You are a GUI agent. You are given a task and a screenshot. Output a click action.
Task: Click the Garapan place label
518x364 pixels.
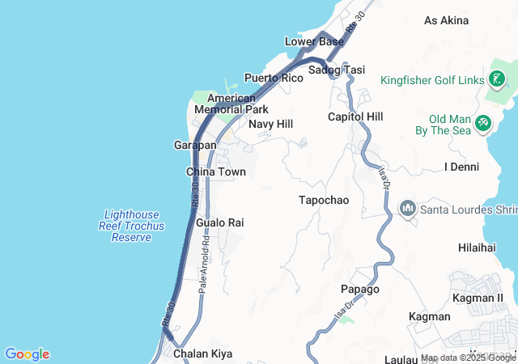click(x=195, y=145)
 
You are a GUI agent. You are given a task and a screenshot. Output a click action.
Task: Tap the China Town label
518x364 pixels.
click(x=215, y=171)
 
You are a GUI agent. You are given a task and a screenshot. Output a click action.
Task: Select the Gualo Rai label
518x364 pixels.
click(x=219, y=222)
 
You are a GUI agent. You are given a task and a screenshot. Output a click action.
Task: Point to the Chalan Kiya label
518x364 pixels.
click(x=202, y=353)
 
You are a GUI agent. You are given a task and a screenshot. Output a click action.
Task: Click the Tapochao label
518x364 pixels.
click(x=323, y=200)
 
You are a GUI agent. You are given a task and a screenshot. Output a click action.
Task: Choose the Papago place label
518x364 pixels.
click(x=359, y=289)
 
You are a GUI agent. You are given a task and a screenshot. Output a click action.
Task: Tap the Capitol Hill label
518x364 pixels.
click(x=355, y=117)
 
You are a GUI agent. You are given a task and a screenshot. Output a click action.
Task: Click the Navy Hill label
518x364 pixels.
click(x=270, y=124)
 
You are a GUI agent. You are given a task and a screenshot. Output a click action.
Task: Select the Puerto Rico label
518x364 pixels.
click(x=274, y=78)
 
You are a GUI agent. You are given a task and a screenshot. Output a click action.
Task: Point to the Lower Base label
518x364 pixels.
click(x=314, y=41)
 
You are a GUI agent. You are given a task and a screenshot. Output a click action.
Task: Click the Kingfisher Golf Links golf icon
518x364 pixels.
click(x=497, y=80)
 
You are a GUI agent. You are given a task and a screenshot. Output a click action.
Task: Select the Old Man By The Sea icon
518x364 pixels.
click(x=483, y=123)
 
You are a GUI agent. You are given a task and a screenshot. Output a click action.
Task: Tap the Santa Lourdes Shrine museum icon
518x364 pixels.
click(x=407, y=210)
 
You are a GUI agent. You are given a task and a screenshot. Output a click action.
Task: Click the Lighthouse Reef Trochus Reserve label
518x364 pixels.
click(x=132, y=226)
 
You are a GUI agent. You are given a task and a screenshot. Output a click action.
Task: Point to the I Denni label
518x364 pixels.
click(x=462, y=167)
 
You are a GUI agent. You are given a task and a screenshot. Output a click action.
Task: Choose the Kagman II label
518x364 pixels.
click(x=478, y=298)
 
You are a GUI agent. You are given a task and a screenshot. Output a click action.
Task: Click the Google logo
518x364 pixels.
click(x=27, y=354)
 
